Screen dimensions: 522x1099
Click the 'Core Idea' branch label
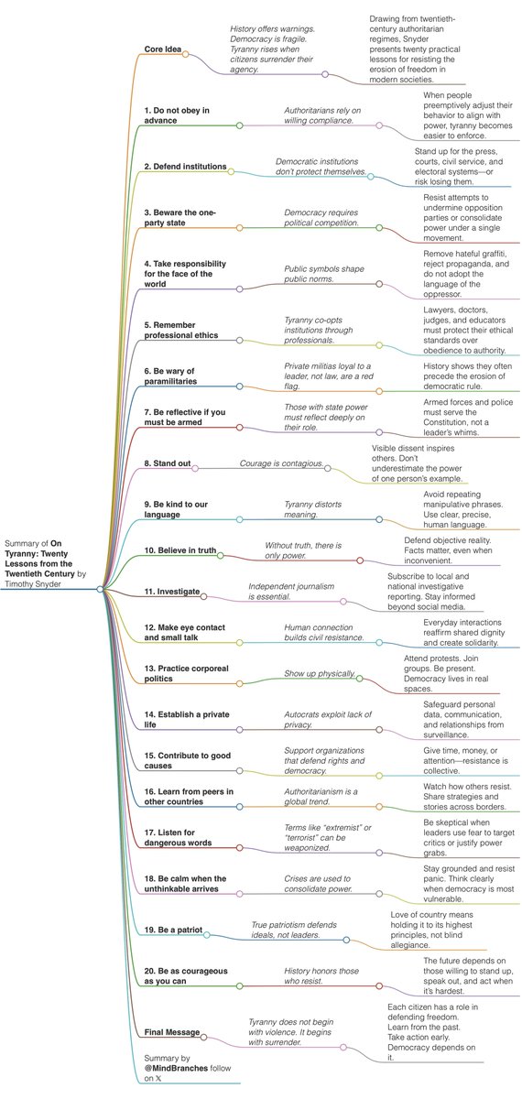tap(162, 49)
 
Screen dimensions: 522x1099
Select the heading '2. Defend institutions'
tap(185, 167)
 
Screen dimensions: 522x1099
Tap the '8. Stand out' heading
tap(168, 463)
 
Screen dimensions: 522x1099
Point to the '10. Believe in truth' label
tap(180, 550)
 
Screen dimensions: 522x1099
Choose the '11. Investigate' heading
tap(172, 592)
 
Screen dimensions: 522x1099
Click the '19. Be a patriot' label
tap(173, 930)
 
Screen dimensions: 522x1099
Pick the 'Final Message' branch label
tap(172, 1032)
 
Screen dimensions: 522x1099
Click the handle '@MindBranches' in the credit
tap(176, 1068)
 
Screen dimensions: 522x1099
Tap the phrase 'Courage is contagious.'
tap(282, 463)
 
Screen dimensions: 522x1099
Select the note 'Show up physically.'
tap(320, 674)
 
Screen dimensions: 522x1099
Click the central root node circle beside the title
tap(100, 589)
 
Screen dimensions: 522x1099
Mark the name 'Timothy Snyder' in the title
tap(33, 584)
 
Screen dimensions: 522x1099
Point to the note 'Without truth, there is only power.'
tap(303, 550)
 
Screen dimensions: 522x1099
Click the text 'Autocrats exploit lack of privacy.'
tap(328, 720)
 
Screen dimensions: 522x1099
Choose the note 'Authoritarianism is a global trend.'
tap(321, 797)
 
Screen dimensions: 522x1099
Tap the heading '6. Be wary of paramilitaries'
tap(170, 376)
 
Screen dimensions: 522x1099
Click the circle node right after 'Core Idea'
tap(185, 54)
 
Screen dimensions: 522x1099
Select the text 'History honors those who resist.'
tap(321, 976)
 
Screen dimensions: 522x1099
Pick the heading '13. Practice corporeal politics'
tap(187, 674)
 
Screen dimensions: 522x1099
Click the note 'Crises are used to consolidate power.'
tap(318, 884)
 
